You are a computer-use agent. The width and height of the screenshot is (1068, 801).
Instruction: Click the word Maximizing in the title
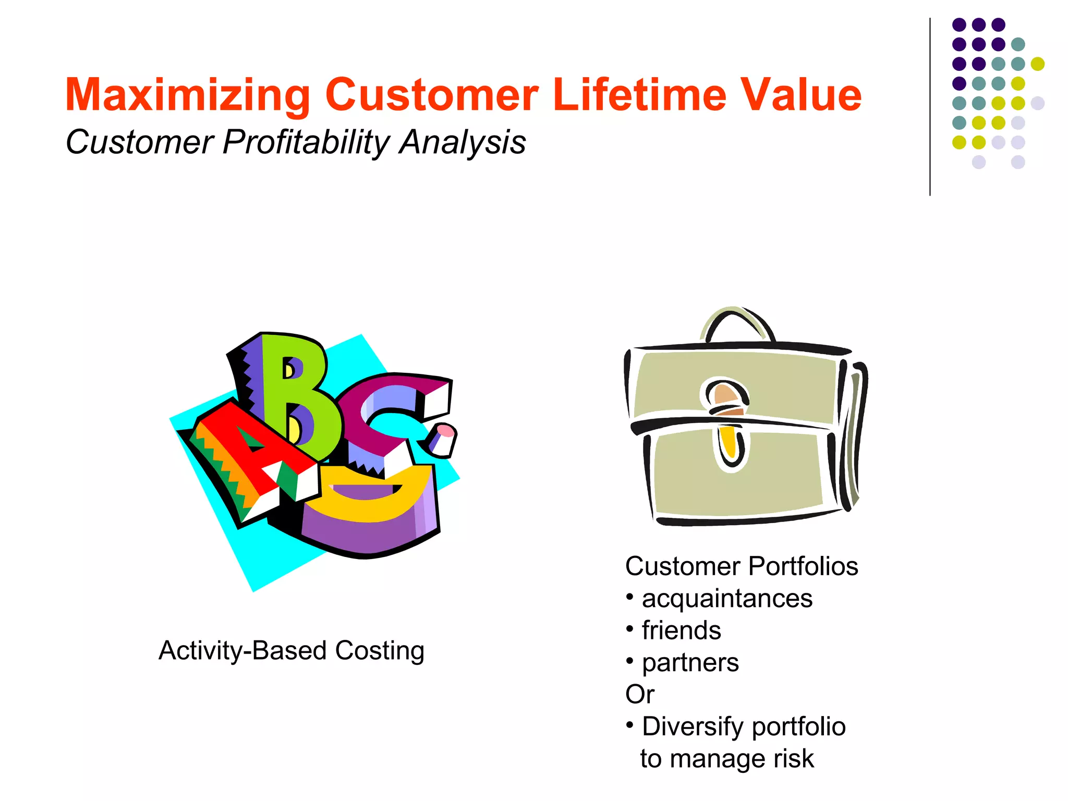[x=188, y=95]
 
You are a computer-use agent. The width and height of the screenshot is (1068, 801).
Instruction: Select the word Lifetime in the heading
[x=639, y=95]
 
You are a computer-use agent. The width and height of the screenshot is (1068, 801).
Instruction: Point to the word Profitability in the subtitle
[x=305, y=142]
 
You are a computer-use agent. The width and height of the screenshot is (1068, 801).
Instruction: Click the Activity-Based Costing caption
[x=291, y=650]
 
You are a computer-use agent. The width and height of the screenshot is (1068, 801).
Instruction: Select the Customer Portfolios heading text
[x=741, y=566]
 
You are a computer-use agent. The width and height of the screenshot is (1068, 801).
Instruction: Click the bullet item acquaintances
[x=727, y=599]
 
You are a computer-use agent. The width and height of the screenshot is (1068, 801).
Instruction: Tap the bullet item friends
[x=681, y=630]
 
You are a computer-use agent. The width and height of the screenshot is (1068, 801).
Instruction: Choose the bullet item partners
[x=690, y=663]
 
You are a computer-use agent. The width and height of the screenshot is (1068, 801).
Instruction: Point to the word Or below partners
[x=639, y=695]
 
